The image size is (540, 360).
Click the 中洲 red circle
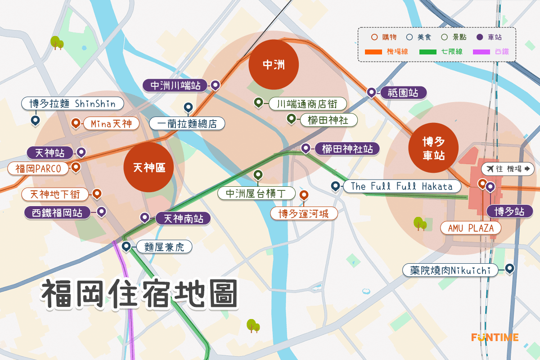(274, 65)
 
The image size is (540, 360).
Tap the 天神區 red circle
(148, 168)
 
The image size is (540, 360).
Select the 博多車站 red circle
(433, 148)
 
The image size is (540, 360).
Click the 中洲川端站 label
(175, 85)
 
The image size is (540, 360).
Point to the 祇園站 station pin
(371, 93)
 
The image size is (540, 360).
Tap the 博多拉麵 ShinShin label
(72, 104)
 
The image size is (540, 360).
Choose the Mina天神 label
(111, 123)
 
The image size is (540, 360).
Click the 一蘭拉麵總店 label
(186, 123)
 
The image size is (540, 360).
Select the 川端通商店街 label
(308, 104)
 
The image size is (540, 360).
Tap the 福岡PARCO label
(38, 169)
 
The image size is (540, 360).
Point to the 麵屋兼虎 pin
(126, 246)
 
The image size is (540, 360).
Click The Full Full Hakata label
(401, 186)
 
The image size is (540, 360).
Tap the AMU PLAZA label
(471, 228)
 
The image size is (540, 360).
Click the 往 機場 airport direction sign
(508, 169)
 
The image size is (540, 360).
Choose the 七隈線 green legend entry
(441, 52)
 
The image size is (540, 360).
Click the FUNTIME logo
(495, 337)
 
